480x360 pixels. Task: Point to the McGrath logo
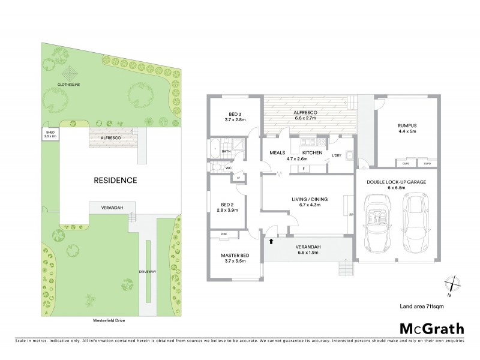point(431,328)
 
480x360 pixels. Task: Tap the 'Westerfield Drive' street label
point(107,320)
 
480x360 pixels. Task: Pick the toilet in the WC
point(213,168)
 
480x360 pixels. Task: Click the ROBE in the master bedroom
point(224,233)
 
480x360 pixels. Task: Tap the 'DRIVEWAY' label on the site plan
point(147,272)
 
